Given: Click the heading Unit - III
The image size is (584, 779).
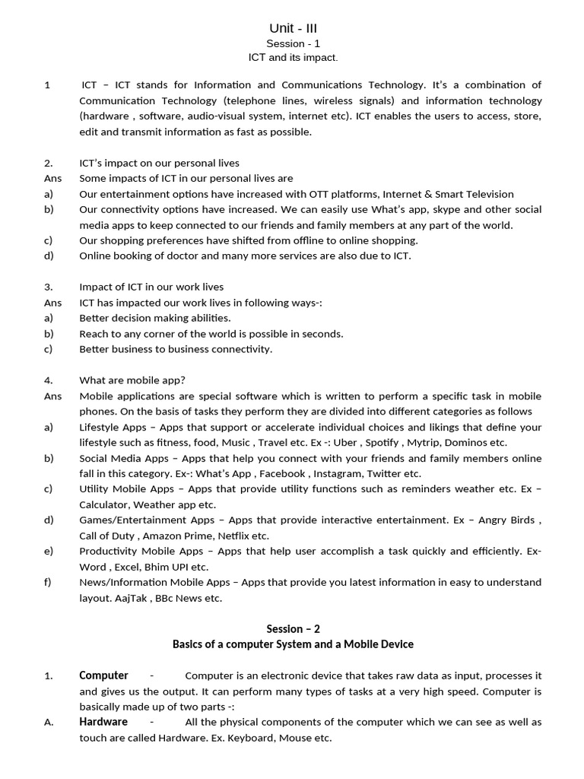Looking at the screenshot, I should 293,28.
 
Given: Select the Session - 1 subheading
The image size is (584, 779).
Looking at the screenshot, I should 293,43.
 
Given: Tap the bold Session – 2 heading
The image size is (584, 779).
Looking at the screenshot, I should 293,628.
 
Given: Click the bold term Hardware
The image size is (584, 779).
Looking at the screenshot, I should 103,721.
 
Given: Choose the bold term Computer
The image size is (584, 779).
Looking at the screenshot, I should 103,675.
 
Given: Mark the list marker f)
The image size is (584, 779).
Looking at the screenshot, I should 48,582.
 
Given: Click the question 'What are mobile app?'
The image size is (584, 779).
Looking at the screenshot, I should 132,380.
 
